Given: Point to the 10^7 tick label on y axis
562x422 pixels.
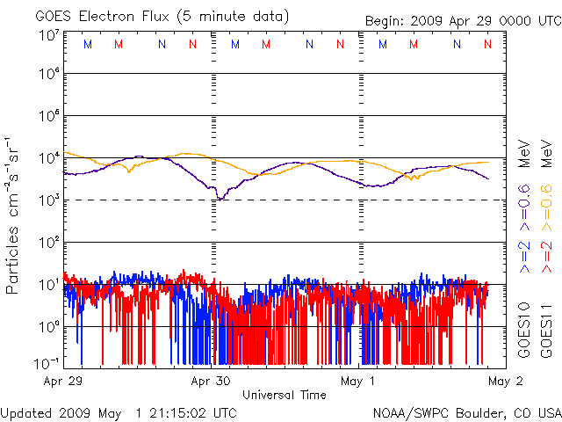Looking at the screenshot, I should (47, 35).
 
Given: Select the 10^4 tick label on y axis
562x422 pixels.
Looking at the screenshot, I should (47, 158).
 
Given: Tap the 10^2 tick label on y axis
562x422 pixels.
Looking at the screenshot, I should (47, 242).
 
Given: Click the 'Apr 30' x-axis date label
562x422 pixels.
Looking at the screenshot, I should (211, 382).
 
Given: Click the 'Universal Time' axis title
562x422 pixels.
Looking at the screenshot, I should (284, 395).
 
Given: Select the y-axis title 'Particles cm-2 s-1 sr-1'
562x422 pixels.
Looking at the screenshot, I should (14, 215).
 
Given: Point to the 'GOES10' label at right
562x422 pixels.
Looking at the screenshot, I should (524, 330).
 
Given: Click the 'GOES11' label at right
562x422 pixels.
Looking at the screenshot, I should (546, 330).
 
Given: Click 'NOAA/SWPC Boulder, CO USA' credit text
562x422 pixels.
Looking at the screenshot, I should (466, 412).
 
